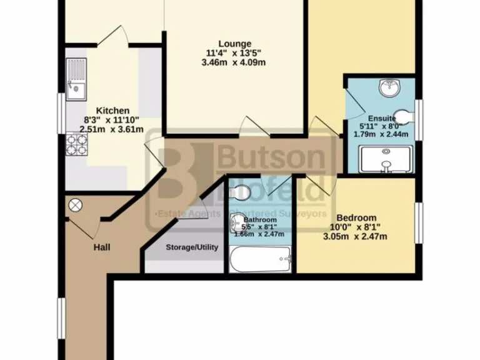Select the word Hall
point(102,247)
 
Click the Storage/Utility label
point(192,247)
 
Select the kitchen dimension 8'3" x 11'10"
point(112,120)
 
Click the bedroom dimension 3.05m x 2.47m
point(354,236)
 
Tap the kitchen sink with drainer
point(77,79)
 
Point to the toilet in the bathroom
point(241,192)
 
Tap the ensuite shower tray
point(386,159)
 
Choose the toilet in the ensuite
point(405,116)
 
